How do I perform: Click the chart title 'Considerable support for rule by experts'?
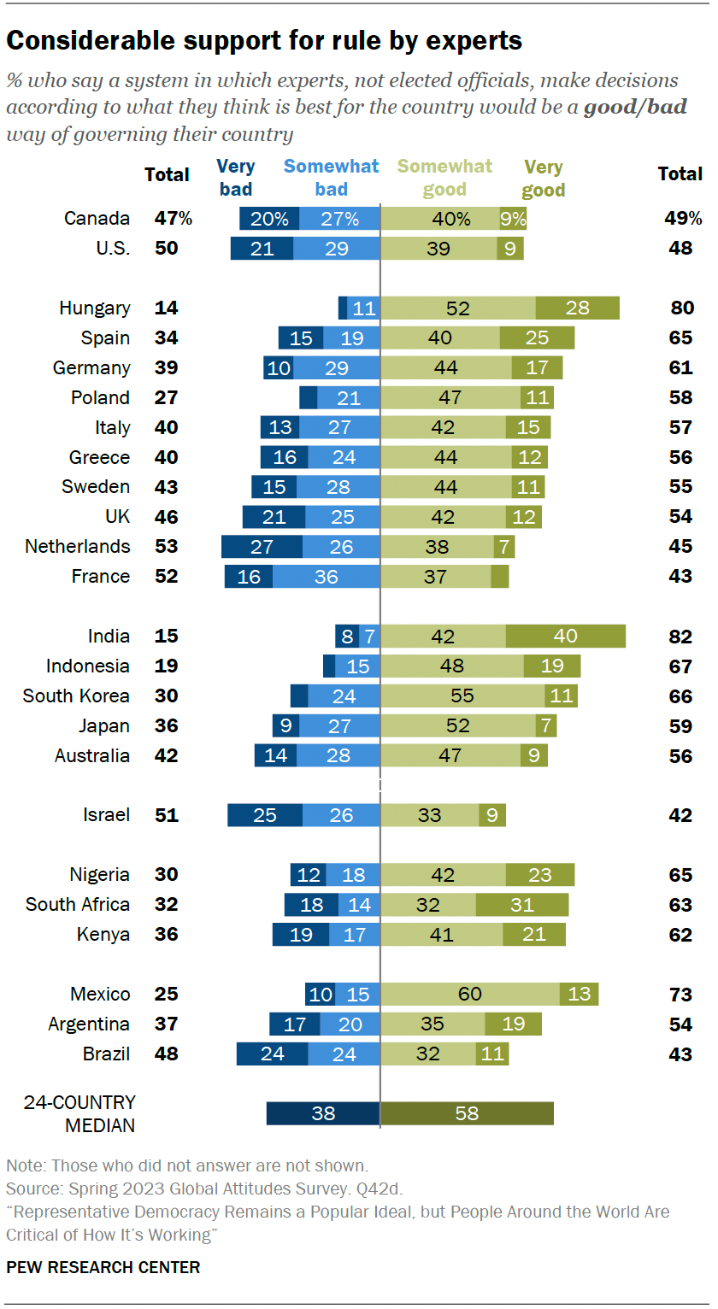click(264, 40)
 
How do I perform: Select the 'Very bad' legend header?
click(236, 178)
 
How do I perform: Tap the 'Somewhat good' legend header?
click(444, 178)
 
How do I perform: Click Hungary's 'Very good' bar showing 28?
click(577, 308)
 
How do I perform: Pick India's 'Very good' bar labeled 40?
click(565, 637)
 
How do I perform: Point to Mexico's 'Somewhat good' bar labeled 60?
click(470, 994)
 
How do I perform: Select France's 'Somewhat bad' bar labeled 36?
click(326, 577)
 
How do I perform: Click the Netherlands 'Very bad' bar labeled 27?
click(262, 547)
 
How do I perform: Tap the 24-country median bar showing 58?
click(467, 1113)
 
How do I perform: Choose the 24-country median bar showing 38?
click(323, 1113)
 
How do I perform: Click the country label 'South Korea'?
click(76, 696)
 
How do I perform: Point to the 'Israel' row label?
click(106, 815)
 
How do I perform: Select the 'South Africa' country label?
click(78, 905)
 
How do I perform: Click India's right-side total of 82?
click(682, 637)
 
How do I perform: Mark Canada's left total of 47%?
click(173, 219)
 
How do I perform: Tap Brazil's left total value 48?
click(166, 1054)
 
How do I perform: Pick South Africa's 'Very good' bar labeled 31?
click(521, 905)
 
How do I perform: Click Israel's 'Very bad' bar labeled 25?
click(265, 815)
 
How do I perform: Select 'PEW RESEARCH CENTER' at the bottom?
click(103, 1267)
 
